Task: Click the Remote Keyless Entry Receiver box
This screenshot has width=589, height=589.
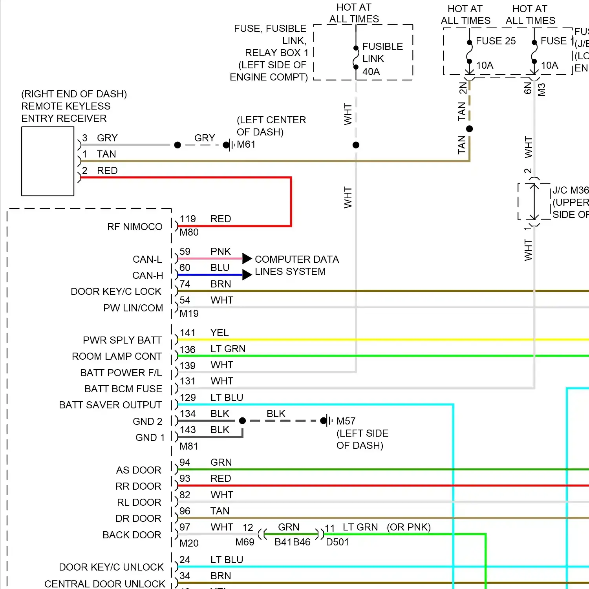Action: (x=48, y=161)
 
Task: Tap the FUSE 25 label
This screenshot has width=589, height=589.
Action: (x=496, y=41)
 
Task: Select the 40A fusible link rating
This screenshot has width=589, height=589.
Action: (x=371, y=72)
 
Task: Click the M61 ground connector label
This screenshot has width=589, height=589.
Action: (x=246, y=145)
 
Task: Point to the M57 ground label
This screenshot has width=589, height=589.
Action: (x=346, y=421)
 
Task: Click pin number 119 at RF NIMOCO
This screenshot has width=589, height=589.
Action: (x=188, y=219)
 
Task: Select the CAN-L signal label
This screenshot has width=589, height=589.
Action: (x=147, y=260)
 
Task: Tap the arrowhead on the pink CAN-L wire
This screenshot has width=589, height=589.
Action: (x=247, y=258)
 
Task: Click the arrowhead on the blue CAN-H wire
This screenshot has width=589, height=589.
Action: (x=247, y=275)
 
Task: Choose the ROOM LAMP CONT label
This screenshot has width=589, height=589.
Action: (x=117, y=357)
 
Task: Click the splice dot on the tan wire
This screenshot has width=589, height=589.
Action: (x=469, y=129)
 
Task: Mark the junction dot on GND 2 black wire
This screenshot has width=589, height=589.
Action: (x=242, y=421)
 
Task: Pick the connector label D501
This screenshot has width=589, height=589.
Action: (x=337, y=542)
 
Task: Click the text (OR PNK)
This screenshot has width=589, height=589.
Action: (x=408, y=527)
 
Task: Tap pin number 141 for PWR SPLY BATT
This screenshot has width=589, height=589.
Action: (x=188, y=333)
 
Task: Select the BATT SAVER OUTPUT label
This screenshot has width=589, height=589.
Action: (x=110, y=405)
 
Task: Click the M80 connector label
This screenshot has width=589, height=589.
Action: (x=189, y=232)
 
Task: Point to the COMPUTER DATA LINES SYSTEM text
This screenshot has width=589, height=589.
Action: (x=296, y=265)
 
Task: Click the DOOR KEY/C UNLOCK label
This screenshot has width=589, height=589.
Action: (x=111, y=567)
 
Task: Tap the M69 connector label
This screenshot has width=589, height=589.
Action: (x=245, y=542)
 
